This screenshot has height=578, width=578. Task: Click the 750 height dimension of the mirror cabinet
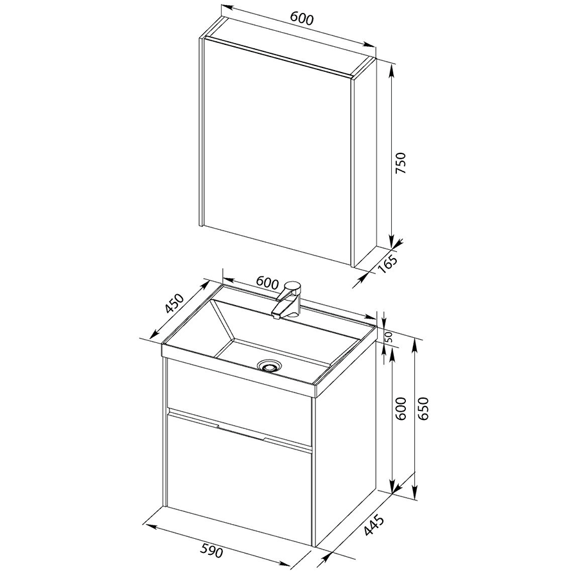point(400,163)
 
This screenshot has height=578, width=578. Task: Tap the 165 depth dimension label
point(388,263)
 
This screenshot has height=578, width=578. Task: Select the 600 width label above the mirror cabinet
point(301,19)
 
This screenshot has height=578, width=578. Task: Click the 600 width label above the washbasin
point(267,283)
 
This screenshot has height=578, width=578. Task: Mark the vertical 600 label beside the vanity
point(400,408)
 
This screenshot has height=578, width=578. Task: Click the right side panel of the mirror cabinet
point(365,162)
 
